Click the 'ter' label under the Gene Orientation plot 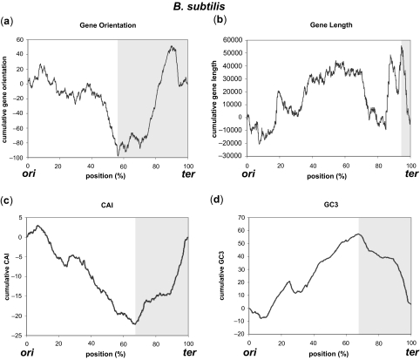(x=193, y=174)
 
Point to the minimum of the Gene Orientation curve (x=119, y=154)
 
